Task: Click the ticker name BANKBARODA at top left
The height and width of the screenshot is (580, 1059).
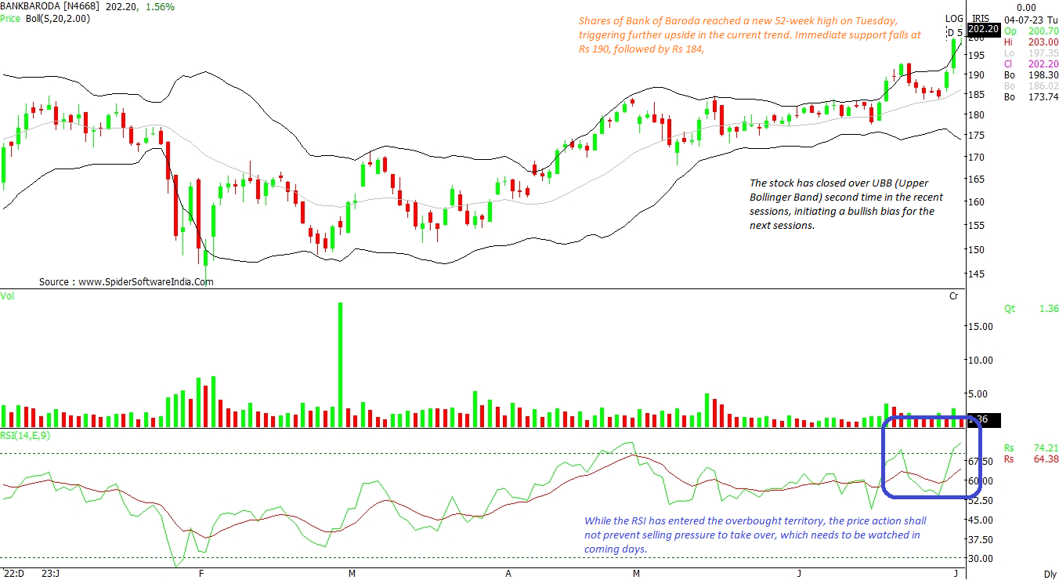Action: pyautogui.click(x=29, y=6)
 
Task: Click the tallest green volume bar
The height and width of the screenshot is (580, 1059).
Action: pyautogui.click(x=341, y=364)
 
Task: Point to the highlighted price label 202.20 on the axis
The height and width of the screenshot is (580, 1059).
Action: pyautogui.click(x=983, y=29)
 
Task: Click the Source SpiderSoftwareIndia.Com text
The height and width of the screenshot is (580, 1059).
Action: pyautogui.click(x=126, y=281)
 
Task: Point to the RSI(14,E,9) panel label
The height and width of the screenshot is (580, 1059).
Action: pyautogui.click(x=26, y=436)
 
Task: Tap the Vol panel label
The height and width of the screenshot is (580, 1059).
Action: pyautogui.click(x=7, y=295)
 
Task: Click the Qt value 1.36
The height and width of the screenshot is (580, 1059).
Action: pyautogui.click(x=1048, y=309)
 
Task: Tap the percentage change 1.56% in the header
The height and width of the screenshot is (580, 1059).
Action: pyautogui.click(x=160, y=6)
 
